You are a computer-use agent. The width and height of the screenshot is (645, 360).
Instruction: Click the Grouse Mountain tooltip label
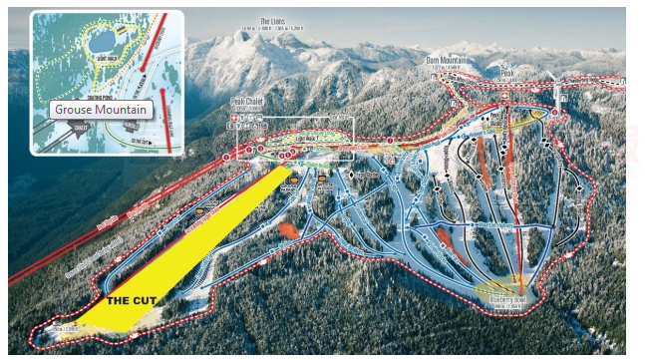(101, 109)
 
